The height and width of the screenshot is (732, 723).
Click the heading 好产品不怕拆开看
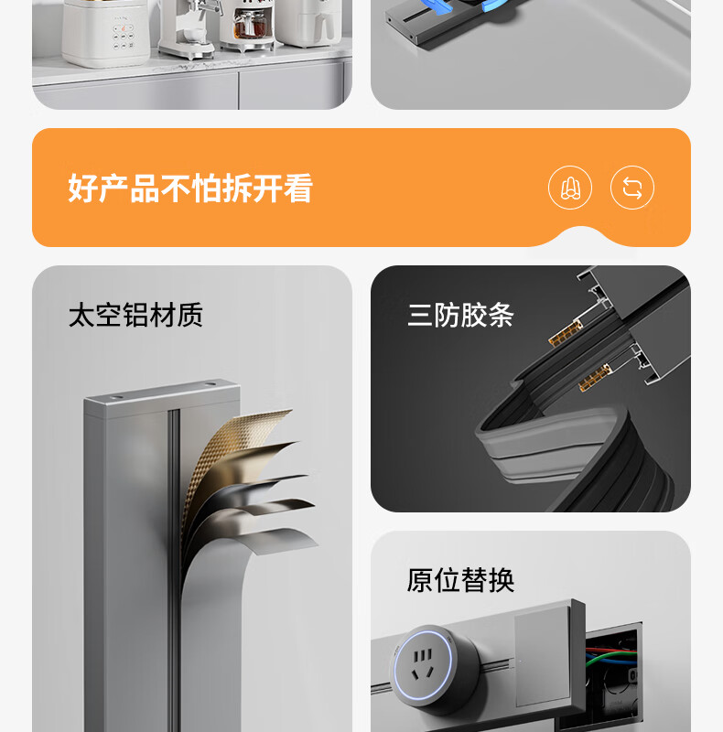[190, 188]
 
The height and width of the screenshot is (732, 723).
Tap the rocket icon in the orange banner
[570, 188]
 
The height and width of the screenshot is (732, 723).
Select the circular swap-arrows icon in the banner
[631, 188]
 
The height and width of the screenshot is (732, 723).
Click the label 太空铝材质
[135, 315]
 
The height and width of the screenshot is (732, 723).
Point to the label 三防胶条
[460, 315]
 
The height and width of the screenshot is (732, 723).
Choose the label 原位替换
[460, 580]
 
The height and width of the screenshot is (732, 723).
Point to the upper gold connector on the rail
[566, 334]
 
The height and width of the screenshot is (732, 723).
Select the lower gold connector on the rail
[595, 378]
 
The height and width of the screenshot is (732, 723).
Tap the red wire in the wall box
[612, 650]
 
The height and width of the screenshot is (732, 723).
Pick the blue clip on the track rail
[495, 5]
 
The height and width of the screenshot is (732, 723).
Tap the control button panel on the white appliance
[124, 37]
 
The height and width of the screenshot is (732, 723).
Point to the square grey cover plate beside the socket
[543, 656]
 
